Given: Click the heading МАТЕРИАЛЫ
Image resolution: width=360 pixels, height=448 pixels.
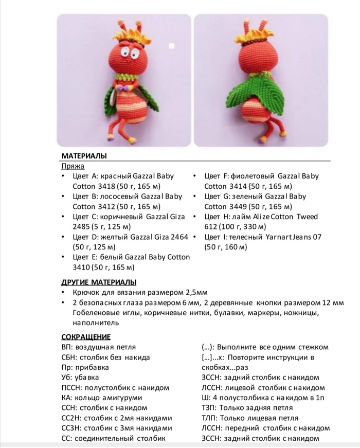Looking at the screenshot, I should pyautogui.click(x=84, y=156).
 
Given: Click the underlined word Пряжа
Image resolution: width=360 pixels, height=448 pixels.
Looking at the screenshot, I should pyautogui.click(x=73, y=166).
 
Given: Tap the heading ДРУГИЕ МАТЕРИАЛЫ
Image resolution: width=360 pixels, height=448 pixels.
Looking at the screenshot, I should pyautogui.click(x=99, y=282).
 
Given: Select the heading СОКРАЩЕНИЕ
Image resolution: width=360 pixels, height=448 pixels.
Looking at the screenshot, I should pyautogui.click(x=86, y=337).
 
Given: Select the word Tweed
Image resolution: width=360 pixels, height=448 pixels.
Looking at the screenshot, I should pyautogui.click(x=307, y=217).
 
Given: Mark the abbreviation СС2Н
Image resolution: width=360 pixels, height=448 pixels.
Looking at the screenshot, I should pyautogui.click(x=72, y=418).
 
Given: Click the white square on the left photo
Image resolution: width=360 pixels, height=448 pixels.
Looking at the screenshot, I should pyautogui.click(x=171, y=46).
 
